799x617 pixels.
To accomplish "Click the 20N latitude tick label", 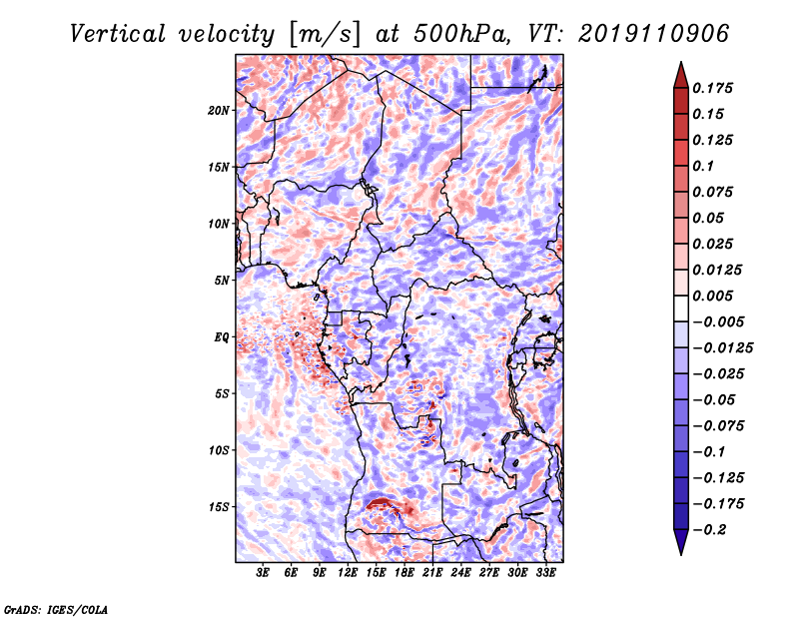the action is tap(219, 111).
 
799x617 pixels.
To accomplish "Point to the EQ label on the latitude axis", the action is tap(221, 337).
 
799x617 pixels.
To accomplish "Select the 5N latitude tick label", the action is tap(222, 281).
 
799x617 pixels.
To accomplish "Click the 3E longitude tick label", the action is tap(263, 573).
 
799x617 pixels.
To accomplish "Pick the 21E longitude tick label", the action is tap(432, 573).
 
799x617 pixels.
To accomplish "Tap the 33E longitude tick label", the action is tap(545, 573).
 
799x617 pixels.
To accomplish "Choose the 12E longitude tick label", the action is tap(347, 573).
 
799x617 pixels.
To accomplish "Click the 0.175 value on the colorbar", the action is tap(712, 88).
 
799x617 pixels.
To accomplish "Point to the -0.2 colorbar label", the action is tap(709, 530).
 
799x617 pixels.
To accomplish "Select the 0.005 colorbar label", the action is tap(712, 296).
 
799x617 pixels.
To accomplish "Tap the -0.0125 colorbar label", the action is tap(722, 348).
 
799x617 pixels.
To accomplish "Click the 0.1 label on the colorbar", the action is tap(703, 166).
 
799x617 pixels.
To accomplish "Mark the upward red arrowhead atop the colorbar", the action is tap(681, 75).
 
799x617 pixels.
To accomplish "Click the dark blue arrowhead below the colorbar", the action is tap(681, 542).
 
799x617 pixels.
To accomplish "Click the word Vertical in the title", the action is tap(118, 34).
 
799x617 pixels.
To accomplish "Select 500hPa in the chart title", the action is tap(460, 34).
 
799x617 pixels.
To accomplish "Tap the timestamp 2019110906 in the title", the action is tap(654, 34).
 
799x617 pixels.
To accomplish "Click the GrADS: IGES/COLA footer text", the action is tap(56, 609).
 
